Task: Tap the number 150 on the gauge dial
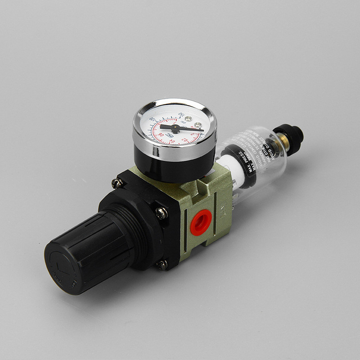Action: [181, 114]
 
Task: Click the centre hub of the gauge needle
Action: [175, 129]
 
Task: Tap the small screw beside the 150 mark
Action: [188, 119]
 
